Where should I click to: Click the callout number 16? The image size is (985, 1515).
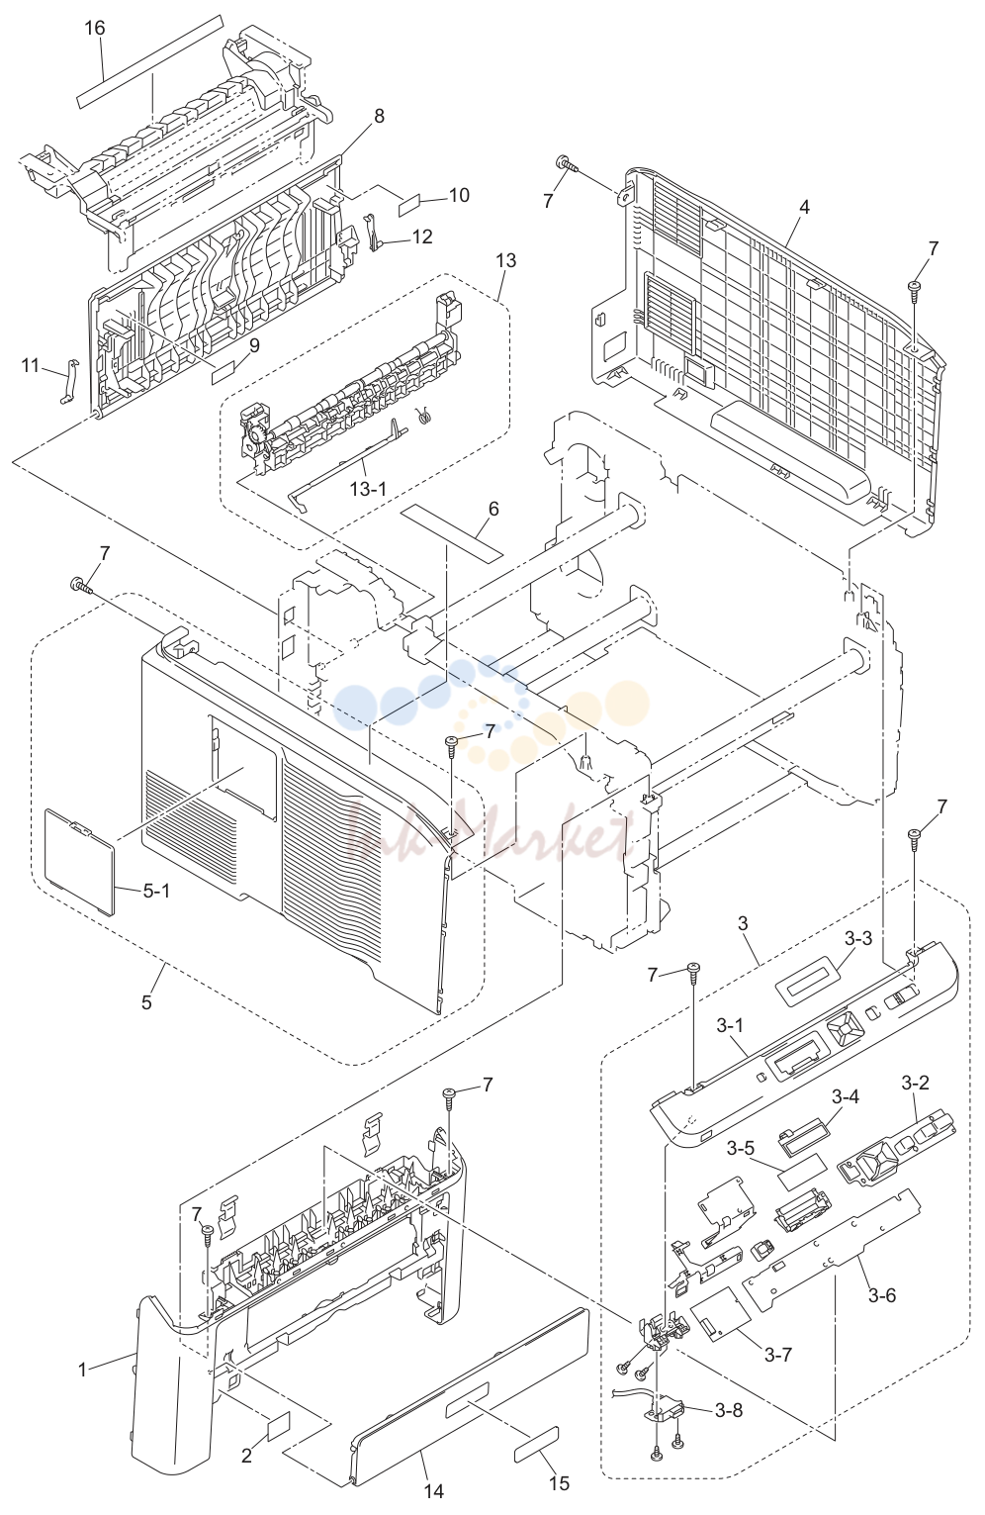[x=95, y=29]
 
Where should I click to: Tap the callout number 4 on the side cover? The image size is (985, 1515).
[x=803, y=207]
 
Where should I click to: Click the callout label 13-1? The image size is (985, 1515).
[x=369, y=488]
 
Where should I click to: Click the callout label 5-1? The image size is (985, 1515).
[x=156, y=891]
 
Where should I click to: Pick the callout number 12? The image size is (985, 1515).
[x=422, y=237]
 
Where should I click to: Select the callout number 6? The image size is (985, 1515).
[x=493, y=509]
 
